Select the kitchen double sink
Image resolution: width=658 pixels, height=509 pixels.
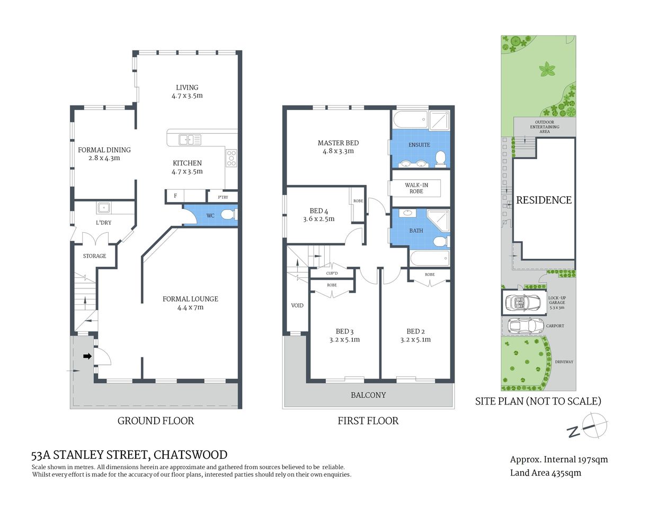pyautogui.click(x=190, y=139)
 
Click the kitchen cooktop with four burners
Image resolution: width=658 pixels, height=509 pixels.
pyautogui.click(x=232, y=157)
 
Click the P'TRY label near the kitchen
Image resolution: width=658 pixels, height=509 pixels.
pyautogui.click(x=223, y=197)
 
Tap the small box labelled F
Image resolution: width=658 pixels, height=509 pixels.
pyautogui.click(x=175, y=196)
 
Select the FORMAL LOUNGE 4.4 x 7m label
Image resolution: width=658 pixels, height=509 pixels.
pyautogui.click(x=190, y=303)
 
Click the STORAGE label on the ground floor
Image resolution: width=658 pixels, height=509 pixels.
pyautogui.click(x=94, y=256)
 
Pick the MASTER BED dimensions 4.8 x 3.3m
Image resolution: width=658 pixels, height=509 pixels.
pyautogui.click(x=338, y=151)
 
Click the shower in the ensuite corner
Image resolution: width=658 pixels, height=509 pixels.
pyautogui.click(x=439, y=120)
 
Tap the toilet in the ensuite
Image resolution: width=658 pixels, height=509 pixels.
pyautogui.click(x=440, y=157)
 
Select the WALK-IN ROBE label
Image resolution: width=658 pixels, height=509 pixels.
pyautogui.click(x=416, y=188)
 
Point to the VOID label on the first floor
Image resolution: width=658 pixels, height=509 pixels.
pyautogui.click(x=297, y=305)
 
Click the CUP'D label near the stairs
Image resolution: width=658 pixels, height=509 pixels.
pyautogui.click(x=332, y=274)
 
